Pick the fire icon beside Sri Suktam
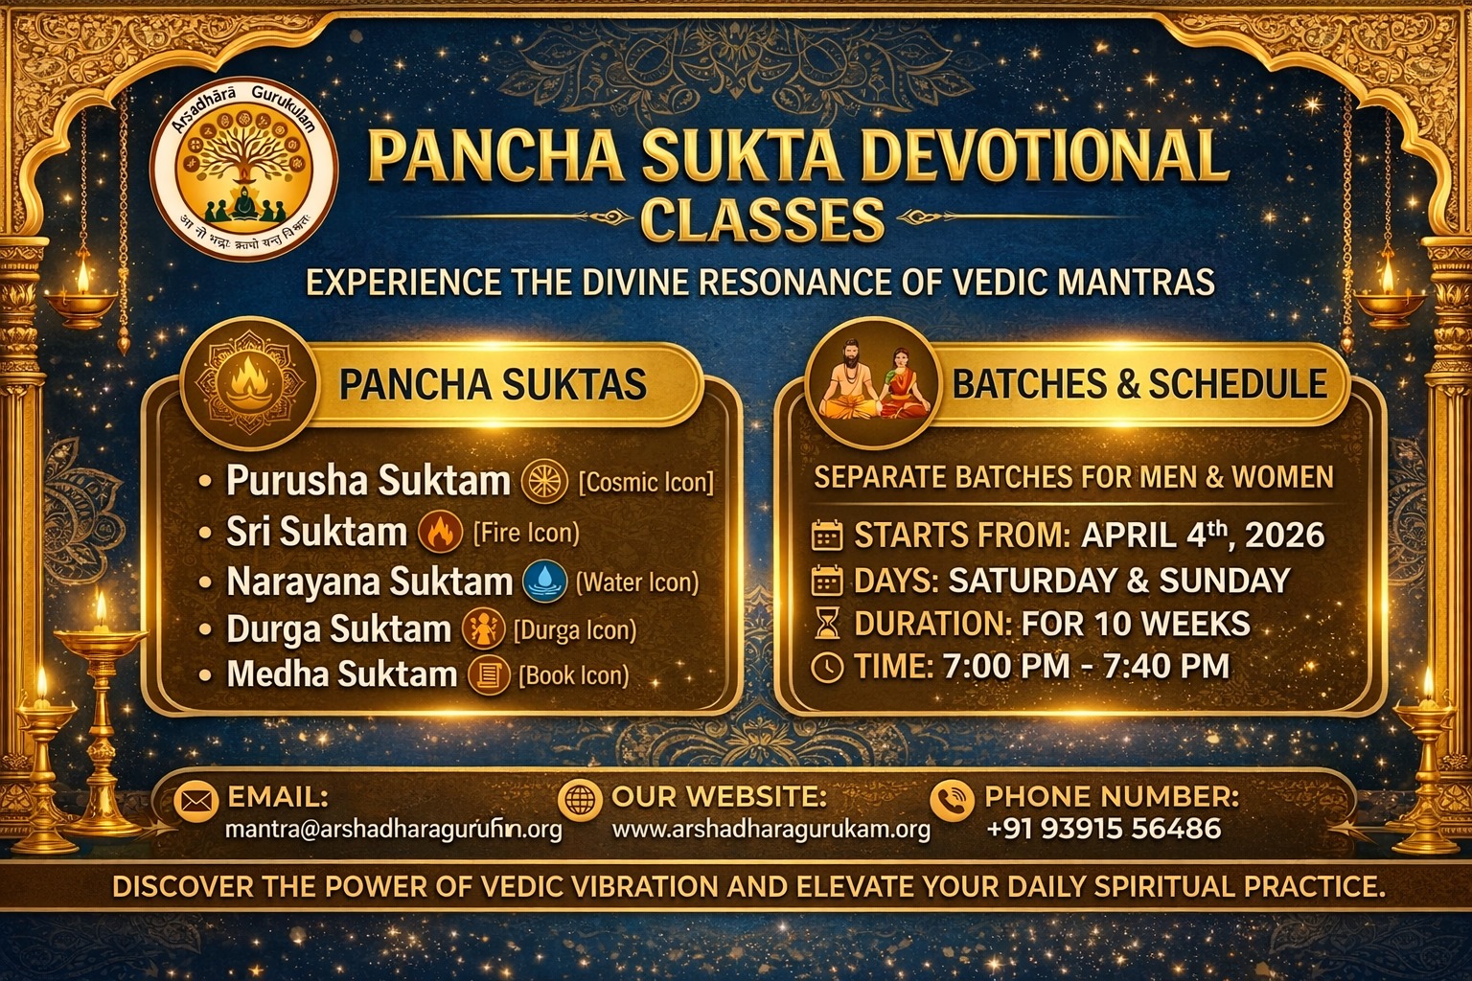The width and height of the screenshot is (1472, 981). (441, 533)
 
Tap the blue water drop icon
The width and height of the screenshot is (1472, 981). (545, 582)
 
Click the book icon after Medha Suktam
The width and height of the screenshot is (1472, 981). (488, 675)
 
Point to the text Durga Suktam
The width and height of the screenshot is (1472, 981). (338, 629)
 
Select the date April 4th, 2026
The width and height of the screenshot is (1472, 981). (1202, 534)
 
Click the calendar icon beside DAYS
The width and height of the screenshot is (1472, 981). (826, 581)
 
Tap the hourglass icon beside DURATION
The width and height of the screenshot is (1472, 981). (826, 625)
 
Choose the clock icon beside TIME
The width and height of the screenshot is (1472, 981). (826, 667)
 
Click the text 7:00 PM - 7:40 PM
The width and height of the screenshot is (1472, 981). (1086, 666)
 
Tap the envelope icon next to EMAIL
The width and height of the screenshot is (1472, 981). (195, 801)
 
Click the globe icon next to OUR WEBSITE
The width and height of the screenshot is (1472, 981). (578, 800)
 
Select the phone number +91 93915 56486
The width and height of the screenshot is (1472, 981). (1103, 829)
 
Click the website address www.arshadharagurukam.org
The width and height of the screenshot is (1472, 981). (770, 830)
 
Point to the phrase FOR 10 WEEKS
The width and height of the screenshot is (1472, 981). (1136, 625)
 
